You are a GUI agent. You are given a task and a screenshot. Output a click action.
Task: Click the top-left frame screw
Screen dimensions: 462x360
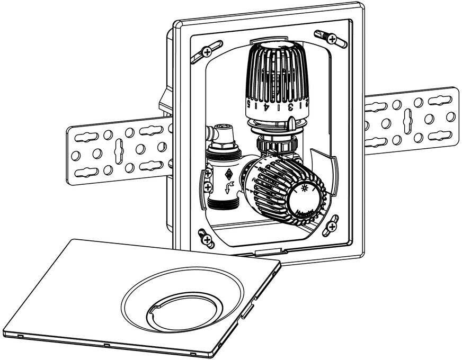[207, 52]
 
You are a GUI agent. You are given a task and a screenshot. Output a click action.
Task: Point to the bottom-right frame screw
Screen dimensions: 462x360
[332, 226]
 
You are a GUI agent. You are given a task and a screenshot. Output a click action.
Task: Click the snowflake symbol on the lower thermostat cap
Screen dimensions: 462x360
[304, 188]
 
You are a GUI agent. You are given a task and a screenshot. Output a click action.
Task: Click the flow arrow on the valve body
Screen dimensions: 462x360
[229, 186]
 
